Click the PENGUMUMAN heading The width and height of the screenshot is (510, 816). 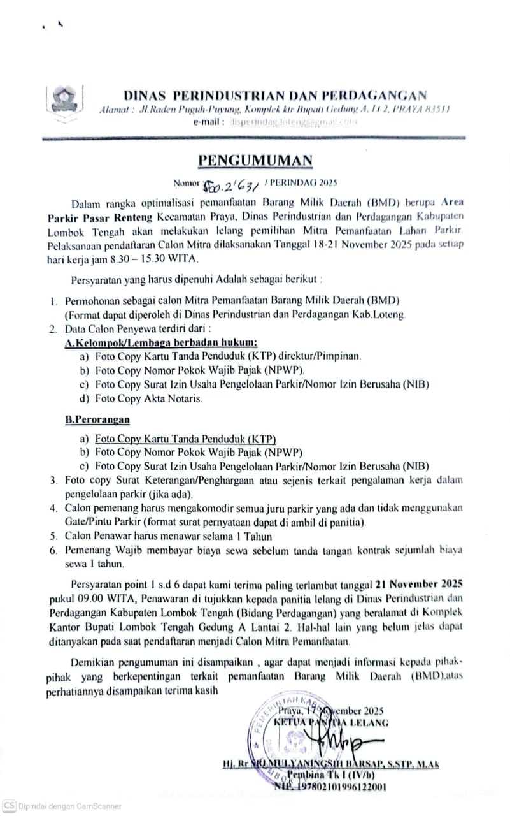pos(255,159)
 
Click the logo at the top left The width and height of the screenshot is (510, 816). pos(62,99)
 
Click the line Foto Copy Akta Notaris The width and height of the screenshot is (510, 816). pos(148,398)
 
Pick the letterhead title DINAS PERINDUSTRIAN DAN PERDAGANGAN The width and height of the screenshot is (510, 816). pos(275,96)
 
